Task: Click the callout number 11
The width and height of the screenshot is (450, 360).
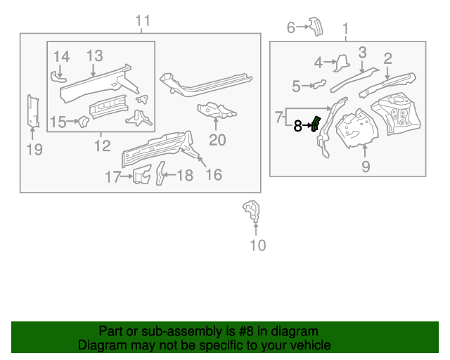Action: click(143, 21)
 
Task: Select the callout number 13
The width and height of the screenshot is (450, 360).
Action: click(95, 56)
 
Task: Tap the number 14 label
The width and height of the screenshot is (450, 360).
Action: click(61, 56)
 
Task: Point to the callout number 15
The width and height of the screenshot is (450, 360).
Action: click(58, 122)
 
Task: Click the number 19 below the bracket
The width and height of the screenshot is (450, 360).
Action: click(34, 149)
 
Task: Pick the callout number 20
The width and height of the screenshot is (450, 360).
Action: click(217, 140)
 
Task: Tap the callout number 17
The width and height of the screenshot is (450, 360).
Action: click(113, 177)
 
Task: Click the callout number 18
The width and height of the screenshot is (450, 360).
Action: click(184, 175)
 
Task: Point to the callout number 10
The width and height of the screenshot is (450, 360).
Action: click(258, 245)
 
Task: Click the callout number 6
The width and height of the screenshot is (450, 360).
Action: click(291, 27)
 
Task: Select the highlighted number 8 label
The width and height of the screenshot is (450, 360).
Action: click(298, 126)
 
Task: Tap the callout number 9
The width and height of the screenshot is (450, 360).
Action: click(365, 167)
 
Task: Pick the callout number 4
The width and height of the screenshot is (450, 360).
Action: click(319, 63)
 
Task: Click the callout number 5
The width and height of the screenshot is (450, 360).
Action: click(296, 86)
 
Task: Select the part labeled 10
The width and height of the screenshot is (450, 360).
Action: click(251, 210)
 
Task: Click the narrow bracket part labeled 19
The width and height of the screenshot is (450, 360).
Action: click(32, 111)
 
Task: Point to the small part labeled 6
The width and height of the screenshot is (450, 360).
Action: click(315, 27)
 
